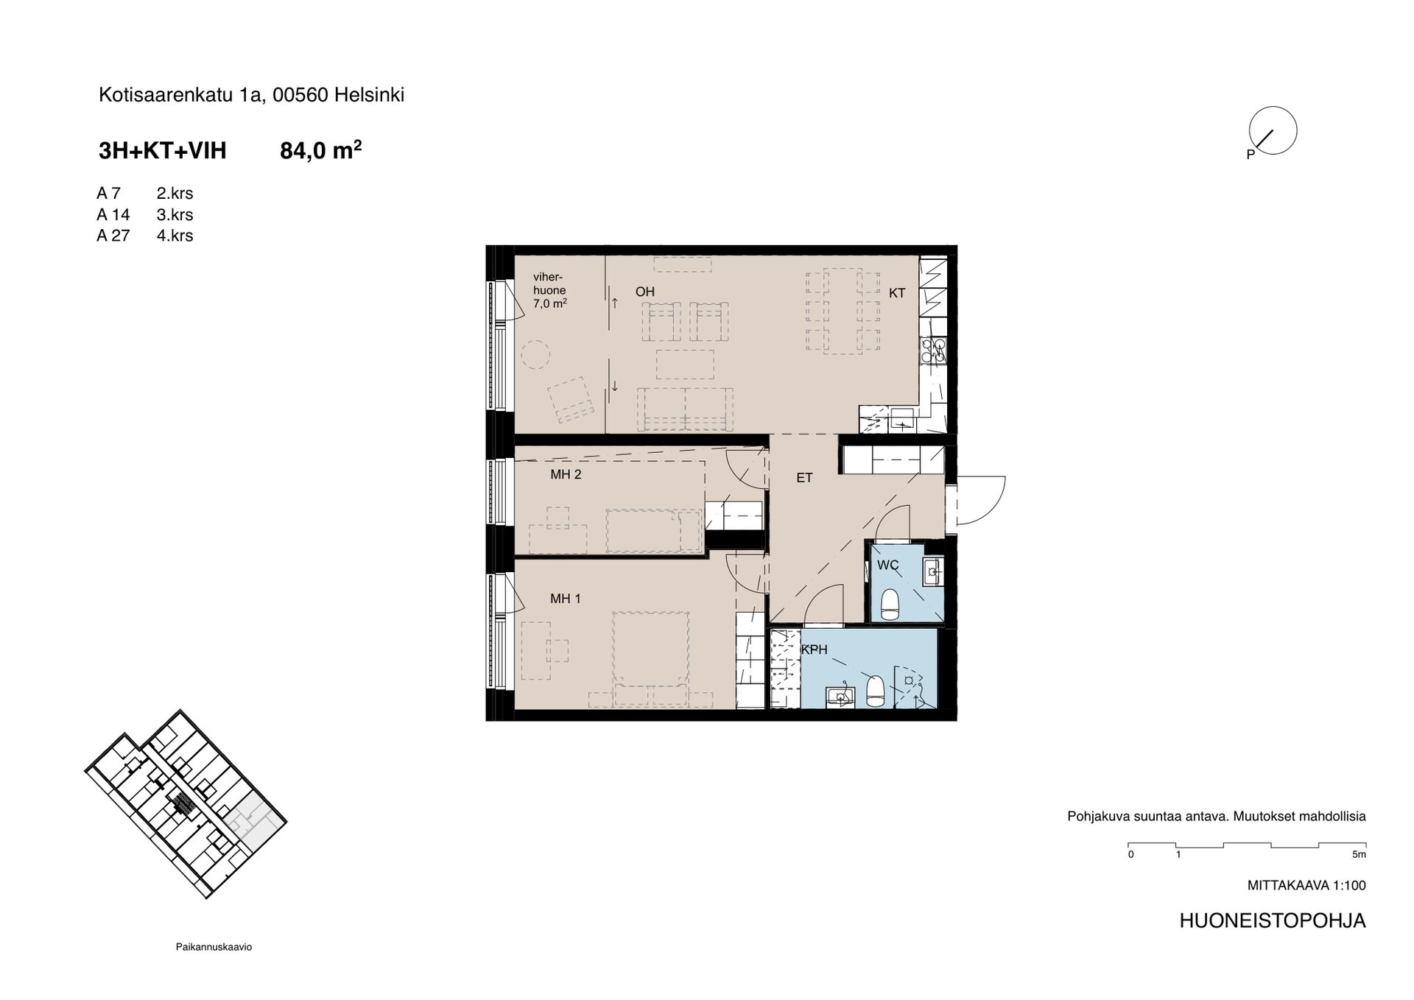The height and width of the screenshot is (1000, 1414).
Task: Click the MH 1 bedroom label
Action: click(565, 599)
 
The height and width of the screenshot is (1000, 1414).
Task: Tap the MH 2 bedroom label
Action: click(566, 474)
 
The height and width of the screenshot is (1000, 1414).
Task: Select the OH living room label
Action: click(645, 292)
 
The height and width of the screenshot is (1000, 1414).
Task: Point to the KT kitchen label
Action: click(897, 293)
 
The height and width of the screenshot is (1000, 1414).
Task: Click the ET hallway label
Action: click(804, 478)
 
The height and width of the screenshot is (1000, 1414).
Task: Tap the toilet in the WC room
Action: click(890, 605)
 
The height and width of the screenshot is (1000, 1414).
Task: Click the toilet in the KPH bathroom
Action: click(875, 691)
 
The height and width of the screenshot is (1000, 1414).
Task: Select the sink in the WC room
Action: click(932, 571)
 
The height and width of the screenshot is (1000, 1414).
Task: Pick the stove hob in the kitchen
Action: click(933, 351)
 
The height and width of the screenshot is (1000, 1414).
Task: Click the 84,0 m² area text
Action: click(321, 150)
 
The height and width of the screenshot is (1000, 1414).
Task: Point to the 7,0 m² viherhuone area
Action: click(550, 303)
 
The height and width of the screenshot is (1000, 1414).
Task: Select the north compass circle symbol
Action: click(1273, 130)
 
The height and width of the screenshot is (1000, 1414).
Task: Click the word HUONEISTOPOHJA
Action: click(1273, 920)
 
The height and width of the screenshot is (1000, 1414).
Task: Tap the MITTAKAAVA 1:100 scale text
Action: click(1306, 886)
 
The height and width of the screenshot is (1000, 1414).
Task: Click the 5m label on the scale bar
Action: click(1359, 855)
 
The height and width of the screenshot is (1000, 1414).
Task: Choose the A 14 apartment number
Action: click(113, 214)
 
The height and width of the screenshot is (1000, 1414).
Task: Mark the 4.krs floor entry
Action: click(175, 236)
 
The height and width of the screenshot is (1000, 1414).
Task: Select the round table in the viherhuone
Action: click(536, 355)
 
